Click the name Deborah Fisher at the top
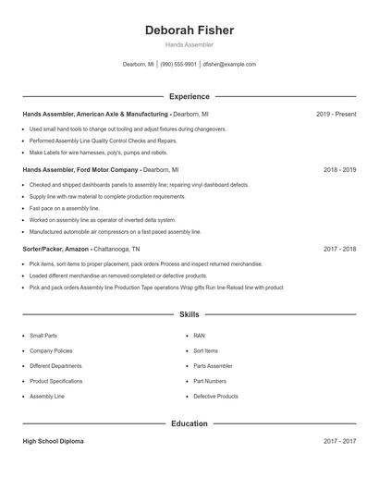[x=189, y=31]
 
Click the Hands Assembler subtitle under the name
[x=189, y=44]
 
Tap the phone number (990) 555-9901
[x=178, y=65]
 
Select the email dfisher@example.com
[x=230, y=65]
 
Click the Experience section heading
[x=189, y=96]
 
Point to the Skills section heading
[x=189, y=315]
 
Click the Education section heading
[x=189, y=423]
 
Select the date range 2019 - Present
[x=336, y=114]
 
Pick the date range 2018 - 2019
[x=339, y=170]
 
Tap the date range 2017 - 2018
[x=339, y=249]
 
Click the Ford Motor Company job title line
[x=101, y=170]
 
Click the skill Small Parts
[x=43, y=336]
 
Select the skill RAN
[x=199, y=336]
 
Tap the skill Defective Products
[x=215, y=397]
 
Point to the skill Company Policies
[x=51, y=351]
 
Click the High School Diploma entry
[x=53, y=441]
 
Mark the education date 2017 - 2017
[x=339, y=441]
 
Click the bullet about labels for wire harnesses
[x=98, y=153]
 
